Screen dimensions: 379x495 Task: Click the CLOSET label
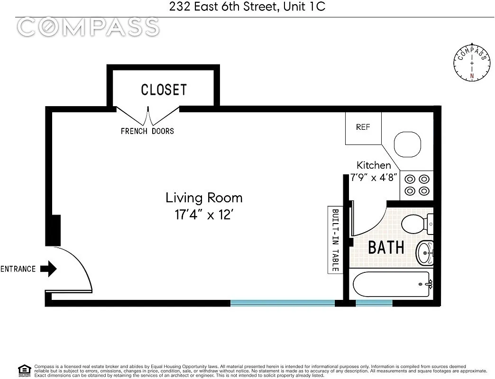tap(164, 90)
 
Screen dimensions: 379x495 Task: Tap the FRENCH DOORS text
tap(147, 131)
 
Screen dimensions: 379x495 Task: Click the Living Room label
tap(203, 198)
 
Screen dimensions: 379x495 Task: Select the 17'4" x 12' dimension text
tap(203, 214)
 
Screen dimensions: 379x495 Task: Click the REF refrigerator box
tap(363, 127)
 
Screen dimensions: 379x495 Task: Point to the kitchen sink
tap(407, 144)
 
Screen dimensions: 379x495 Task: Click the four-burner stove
tap(417, 185)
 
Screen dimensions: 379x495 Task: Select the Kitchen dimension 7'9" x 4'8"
tap(374, 178)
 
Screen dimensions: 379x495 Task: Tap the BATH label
tap(386, 247)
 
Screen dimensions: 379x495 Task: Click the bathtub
tap(392, 284)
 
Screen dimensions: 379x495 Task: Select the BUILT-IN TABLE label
tap(335, 240)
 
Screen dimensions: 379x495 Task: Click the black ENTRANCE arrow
tap(48, 269)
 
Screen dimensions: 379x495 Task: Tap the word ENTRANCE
tap(18, 269)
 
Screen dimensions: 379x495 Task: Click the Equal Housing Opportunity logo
tap(24, 370)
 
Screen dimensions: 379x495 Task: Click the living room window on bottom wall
tap(283, 302)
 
